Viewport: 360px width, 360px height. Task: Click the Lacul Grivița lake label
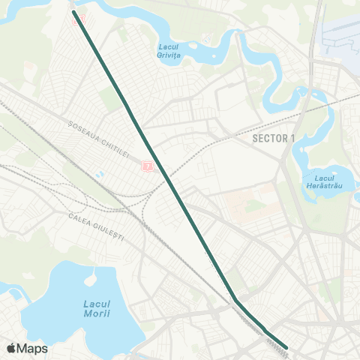[x=173, y=49]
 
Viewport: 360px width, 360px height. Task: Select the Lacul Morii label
[x=95, y=308]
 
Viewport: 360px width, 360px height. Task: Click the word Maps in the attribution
[x=33, y=349]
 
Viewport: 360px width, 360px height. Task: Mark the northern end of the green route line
[x=73, y=12]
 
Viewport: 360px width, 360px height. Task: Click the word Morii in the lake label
[x=97, y=313]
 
